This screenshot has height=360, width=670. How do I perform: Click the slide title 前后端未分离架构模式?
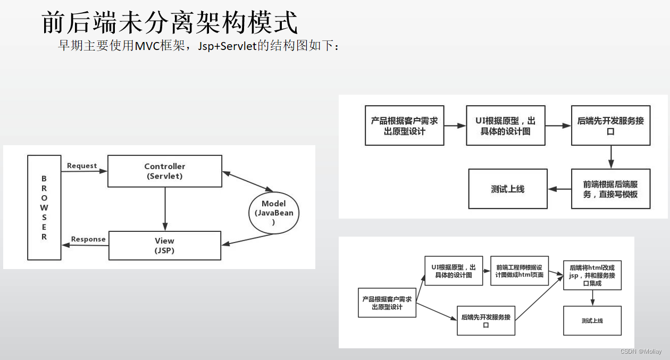click(169, 23)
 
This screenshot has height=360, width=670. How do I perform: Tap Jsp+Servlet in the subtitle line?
click(227, 46)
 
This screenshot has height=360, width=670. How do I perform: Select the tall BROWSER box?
click(44, 207)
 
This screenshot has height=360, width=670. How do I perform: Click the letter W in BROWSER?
click(44, 207)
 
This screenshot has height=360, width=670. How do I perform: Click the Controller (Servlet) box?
click(165, 171)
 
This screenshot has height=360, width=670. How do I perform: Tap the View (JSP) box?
click(165, 245)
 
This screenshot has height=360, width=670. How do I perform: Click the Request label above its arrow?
click(82, 166)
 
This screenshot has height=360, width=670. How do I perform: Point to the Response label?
click(88, 239)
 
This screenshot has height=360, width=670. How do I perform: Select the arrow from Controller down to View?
click(165, 208)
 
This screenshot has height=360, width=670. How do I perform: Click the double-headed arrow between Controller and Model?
click(247, 181)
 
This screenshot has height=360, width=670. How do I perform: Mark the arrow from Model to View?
click(247, 239)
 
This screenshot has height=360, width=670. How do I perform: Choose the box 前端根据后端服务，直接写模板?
click(610, 189)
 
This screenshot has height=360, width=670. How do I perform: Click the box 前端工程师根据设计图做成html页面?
click(519, 271)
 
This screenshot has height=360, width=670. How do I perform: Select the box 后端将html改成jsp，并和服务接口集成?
click(592, 275)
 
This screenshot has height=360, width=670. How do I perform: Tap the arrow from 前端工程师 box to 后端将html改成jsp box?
click(556, 273)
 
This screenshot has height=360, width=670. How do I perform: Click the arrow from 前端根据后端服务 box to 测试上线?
click(559, 189)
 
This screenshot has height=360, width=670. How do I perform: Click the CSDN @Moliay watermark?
click(641, 351)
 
